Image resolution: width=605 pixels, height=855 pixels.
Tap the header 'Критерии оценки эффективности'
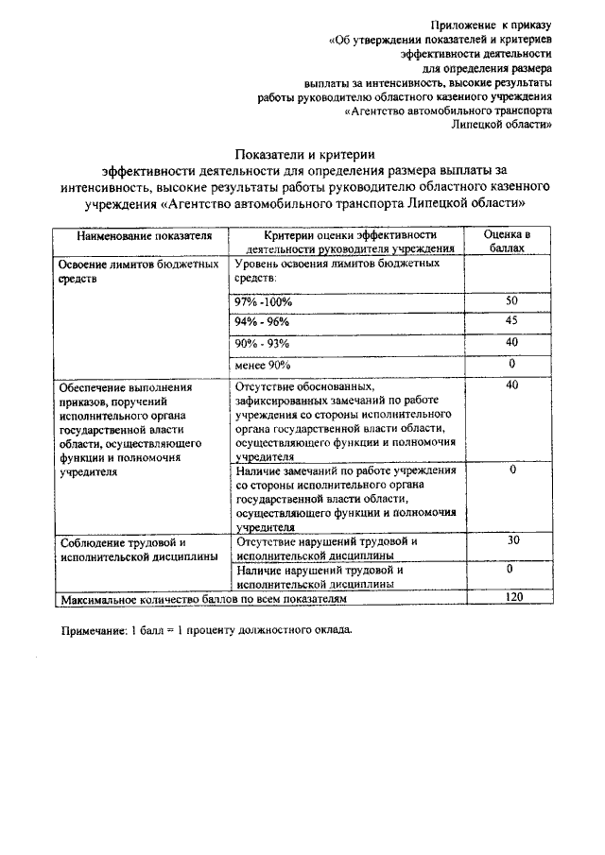click(x=348, y=234)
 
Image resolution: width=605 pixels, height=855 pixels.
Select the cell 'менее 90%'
click(x=263, y=365)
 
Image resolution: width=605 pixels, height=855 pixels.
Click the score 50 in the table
click(x=511, y=300)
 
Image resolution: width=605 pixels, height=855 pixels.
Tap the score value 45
click(x=511, y=321)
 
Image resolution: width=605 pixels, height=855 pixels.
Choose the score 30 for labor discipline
click(x=512, y=540)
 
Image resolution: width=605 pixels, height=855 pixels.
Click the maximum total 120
click(x=512, y=598)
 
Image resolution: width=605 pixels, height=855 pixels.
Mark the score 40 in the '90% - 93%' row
click(x=511, y=342)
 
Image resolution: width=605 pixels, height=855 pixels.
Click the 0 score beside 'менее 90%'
click(x=511, y=364)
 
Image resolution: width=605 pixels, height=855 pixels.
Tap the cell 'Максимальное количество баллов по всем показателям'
click(x=203, y=599)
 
